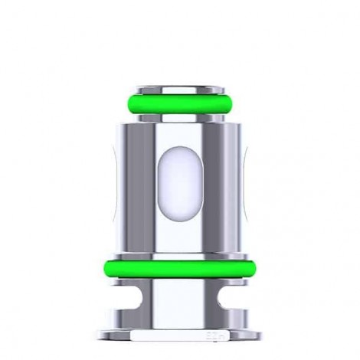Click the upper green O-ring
point(179,104)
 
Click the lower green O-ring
point(179,269)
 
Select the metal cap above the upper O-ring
point(179,89)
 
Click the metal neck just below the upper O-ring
point(179,116)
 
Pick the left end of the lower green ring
point(105,269)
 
